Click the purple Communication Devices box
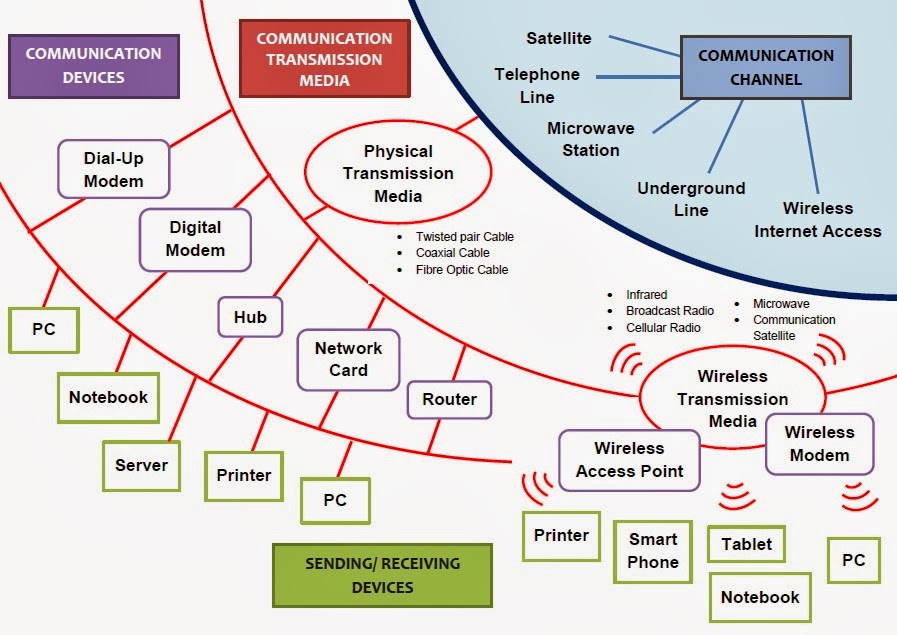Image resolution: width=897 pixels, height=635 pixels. pyautogui.click(x=93, y=65)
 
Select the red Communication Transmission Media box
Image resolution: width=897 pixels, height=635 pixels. pyautogui.click(x=324, y=60)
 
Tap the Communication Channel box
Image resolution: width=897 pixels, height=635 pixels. pyautogui.click(x=764, y=68)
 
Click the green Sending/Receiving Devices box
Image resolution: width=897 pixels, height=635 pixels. pyautogui.click(x=383, y=575)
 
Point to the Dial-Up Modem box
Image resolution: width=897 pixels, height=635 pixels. pyautogui.click(x=113, y=169)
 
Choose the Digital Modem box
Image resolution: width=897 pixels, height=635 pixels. pyautogui.click(x=195, y=239)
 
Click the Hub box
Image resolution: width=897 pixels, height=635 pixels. pyautogui.click(x=250, y=317)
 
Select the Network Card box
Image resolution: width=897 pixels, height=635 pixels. pyautogui.click(x=348, y=359)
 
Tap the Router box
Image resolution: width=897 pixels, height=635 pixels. pyautogui.click(x=449, y=399)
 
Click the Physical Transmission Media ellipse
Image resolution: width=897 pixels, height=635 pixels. pyautogui.click(x=398, y=173)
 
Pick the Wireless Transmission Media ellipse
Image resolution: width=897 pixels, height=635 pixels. pyautogui.click(x=732, y=398)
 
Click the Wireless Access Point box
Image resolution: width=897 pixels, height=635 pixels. pyautogui.click(x=629, y=459)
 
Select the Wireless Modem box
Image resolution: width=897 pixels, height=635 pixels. pyautogui.click(x=819, y=443)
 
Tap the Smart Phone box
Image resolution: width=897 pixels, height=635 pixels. pyautogui.click(x=653, y=551)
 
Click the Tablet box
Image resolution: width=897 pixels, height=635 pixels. pyautogui.click(x=746, y=544)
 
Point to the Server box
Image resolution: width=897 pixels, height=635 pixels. pyautogui.click(x=141, y=465)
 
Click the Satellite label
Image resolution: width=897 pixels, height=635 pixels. pyautogui.click(x=559, y=38)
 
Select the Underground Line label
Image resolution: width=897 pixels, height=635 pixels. pyautogui.click(x=690, y=199)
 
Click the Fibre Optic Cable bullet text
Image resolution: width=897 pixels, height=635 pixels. pyautogui.click(x=462, y=270)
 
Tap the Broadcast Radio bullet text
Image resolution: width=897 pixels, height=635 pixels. pyautogui.click(x=669, y=311)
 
